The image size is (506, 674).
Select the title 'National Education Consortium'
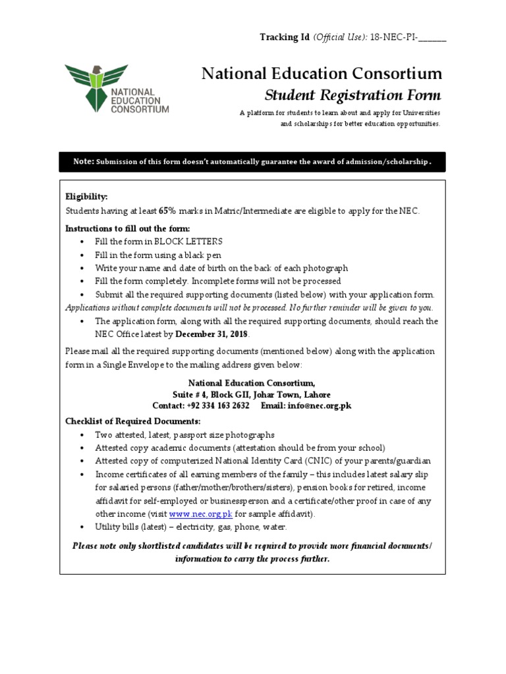(x=322, y=74)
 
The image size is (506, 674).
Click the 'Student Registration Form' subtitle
(x=352, y=94)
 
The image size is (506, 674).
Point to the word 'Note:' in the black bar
(x=84, y=162)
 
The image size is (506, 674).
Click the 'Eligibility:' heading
(x=86, y=197)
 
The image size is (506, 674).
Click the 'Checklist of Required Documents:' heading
(x=132, y=421)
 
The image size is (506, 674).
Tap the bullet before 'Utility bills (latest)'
(x=81, y=527)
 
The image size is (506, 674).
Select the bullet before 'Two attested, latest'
(x=81, y=435)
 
